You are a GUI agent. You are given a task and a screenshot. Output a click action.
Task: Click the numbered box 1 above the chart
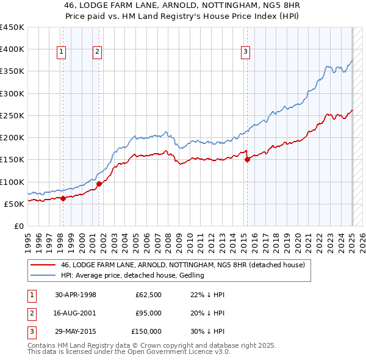click(x=62, y=52)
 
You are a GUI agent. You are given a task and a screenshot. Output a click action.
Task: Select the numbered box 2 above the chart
click(x=98, y=52)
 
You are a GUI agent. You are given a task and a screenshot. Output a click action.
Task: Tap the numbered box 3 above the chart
click(x=245, y=52)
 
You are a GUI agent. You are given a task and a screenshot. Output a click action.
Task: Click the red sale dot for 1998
click(x=63, y=198)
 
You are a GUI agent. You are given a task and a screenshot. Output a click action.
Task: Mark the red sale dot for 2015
click(x=247, y=159)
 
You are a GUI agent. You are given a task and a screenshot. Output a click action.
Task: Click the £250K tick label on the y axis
click(x=12, y=115)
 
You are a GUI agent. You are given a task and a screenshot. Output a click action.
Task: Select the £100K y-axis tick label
click(x=12, y=182)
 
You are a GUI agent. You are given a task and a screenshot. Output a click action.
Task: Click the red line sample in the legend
click(x=43, y=265)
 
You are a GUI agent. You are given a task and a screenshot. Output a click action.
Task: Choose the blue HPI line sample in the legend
click(x=43, y=275)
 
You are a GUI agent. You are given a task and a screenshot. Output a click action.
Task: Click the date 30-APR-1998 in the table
click(x=76, y=295)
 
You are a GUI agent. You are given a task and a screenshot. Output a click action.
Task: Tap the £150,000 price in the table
click(x=146, y=331)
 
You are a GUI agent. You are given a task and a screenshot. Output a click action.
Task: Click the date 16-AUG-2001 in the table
click(x=76, y=313)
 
